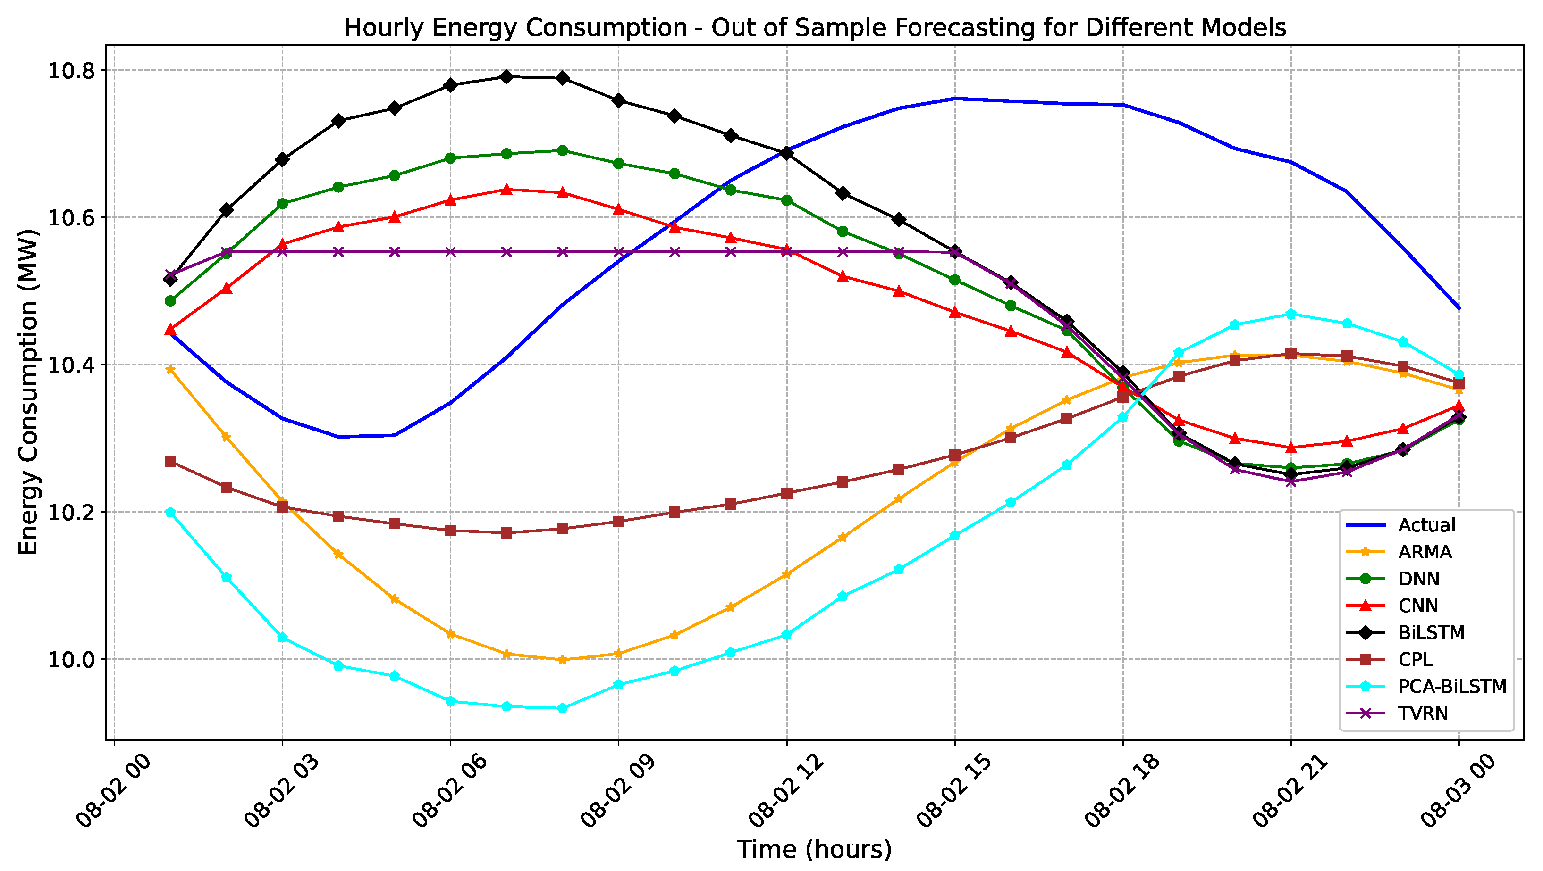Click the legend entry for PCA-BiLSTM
click(x=1451, y=686)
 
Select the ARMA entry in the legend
click(x=1425, y=552)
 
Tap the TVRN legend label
click(x=1423, y=713)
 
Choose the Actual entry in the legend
click(x=1426, y=525)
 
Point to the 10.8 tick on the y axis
click(x=71, y=71)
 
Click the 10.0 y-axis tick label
click(x=71, y=660)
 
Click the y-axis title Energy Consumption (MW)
click(x=27, y=392)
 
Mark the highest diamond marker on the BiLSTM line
click(x=506, y=76)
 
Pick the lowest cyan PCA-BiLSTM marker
click(x=562, y=708)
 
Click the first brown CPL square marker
click(x=170, y=461)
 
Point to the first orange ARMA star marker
click(x=170, y=369)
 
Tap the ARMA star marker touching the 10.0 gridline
click(x=562, y=660)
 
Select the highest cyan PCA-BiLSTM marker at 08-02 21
click(x=1291, y=314)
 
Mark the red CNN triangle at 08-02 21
click(x=1291, y=447)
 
